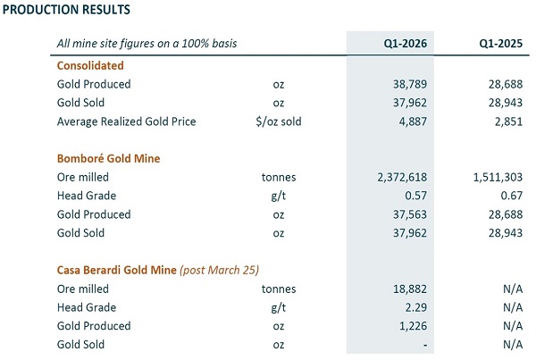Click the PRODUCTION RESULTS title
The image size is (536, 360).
68,10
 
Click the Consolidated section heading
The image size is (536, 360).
90,65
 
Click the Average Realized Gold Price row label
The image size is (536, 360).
126,121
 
